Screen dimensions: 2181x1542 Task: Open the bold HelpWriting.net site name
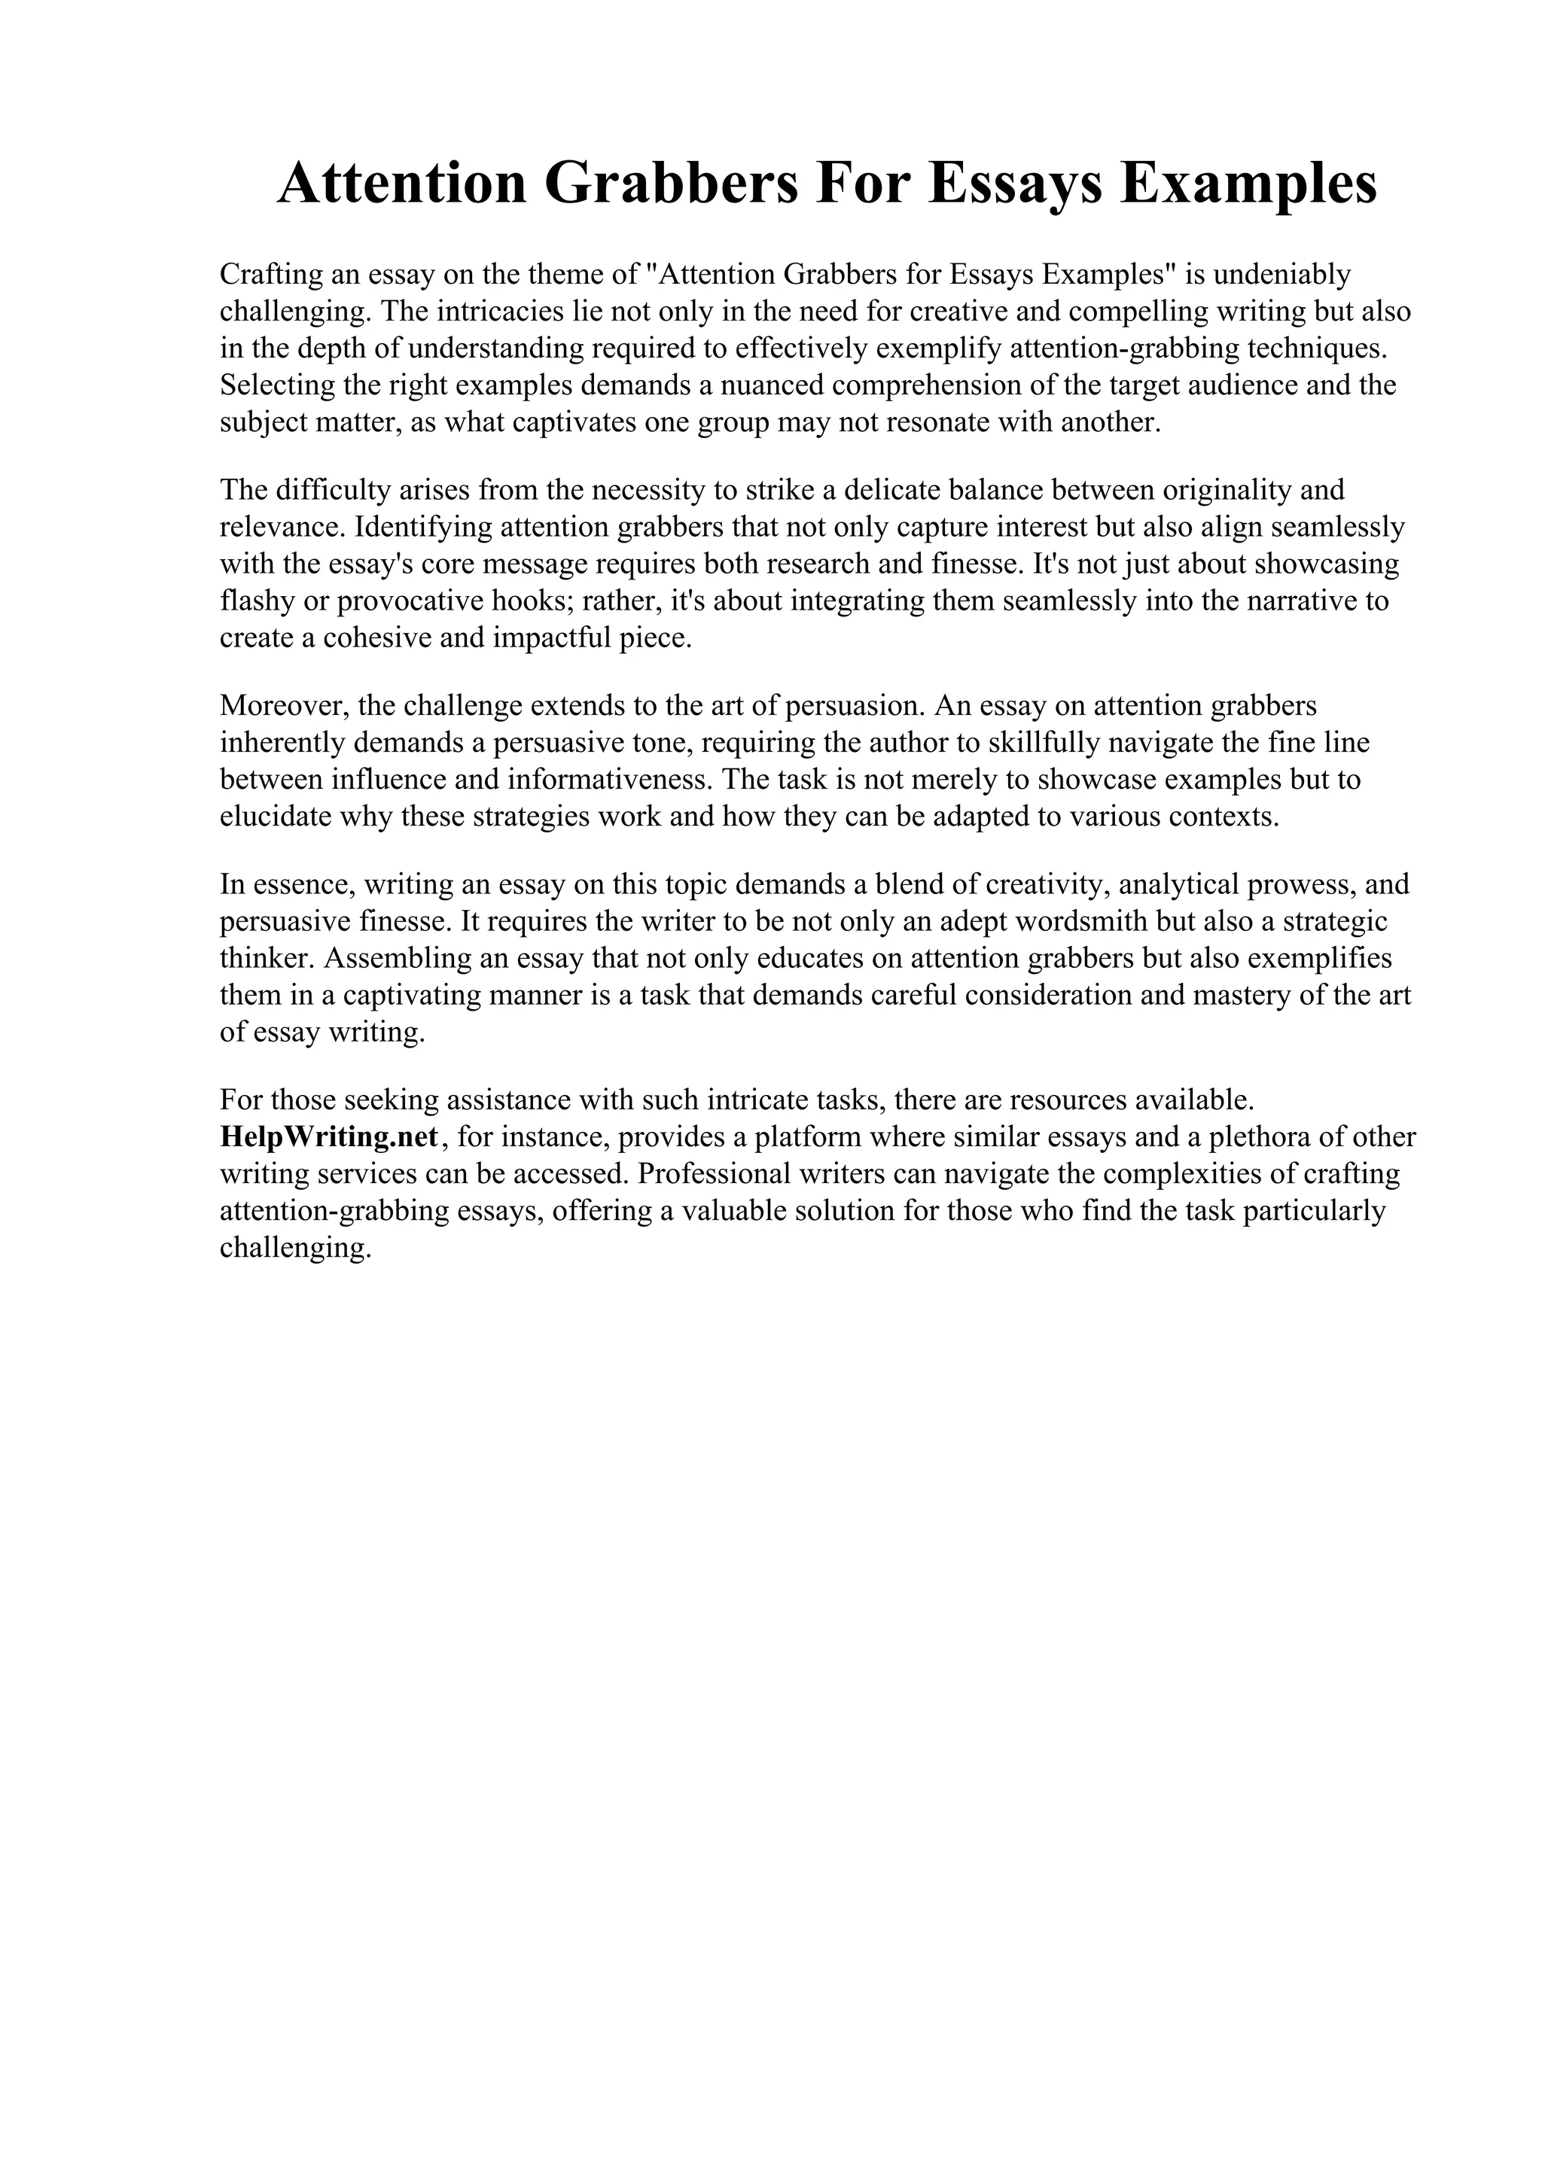click(330, 1137)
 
